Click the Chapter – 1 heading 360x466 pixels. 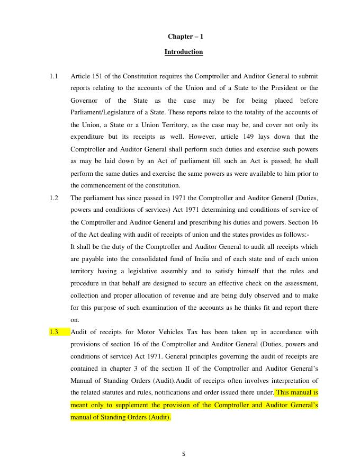(x=185, y=37)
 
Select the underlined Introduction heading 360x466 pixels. (x=183, y=52)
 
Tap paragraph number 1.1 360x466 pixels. (x=53, y=76)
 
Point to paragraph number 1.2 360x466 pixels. (x=53, y=198)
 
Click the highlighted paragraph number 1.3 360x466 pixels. (x=53, y=332)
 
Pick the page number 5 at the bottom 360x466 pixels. (x=183, y=453)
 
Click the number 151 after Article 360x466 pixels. (x=103, y=76)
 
